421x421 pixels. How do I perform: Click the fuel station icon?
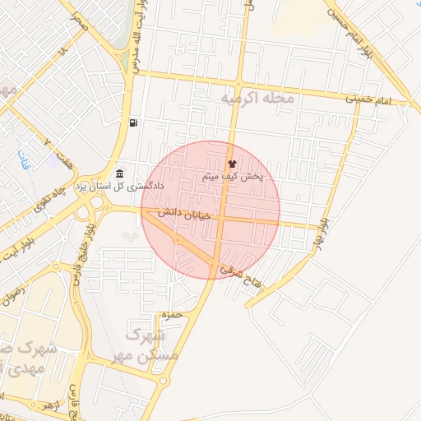132,123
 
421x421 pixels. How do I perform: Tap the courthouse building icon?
121,173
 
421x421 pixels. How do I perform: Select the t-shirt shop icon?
231,164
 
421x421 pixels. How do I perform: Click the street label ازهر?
51,407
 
